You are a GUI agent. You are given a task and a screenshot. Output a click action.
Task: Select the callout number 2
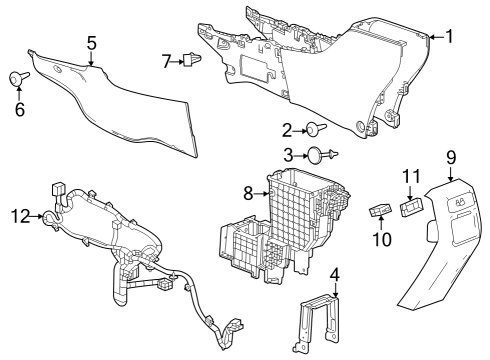287,129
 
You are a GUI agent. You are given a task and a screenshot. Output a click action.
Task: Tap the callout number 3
287,155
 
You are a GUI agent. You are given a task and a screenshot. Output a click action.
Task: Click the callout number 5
91,43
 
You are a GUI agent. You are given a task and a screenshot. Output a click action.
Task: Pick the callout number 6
18,108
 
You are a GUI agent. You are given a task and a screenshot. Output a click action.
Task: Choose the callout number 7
167,62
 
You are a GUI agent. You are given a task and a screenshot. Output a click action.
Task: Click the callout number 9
451,157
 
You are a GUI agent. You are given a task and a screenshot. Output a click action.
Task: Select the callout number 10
380,240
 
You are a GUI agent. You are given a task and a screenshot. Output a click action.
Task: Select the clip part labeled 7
191,61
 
